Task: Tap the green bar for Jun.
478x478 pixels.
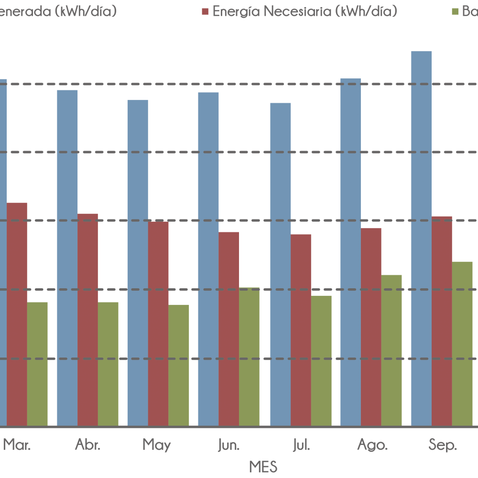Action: (249, 357)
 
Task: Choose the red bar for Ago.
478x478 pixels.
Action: (371, 327)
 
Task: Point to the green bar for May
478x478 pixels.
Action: (179, 365)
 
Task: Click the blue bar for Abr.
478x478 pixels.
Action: (67, 258)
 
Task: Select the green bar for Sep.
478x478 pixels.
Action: (462, 344)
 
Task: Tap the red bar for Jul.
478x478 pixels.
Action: (301, 330)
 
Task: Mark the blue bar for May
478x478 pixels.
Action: (138, 263)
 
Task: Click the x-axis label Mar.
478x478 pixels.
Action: (17, 445)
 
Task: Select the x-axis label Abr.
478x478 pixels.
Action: (88, 445)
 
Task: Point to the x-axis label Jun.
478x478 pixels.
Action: (229, 445)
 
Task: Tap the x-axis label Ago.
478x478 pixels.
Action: (372, 445)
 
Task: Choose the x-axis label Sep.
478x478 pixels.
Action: (443, 445)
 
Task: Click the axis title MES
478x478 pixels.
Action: (263, 467)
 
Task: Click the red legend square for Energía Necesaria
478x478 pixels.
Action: (206, 11)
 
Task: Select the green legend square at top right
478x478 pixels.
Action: (456, 11)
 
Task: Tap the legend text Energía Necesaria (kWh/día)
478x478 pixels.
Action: (305, 11)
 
